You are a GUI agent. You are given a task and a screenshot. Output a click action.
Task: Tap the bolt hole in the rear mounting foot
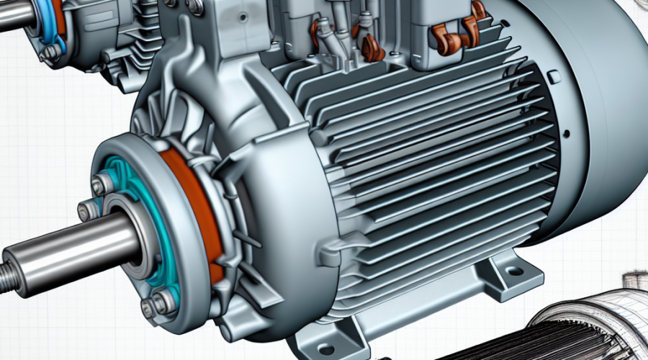point(514,272)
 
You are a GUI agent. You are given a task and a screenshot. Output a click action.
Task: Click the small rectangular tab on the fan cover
point(553,76)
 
